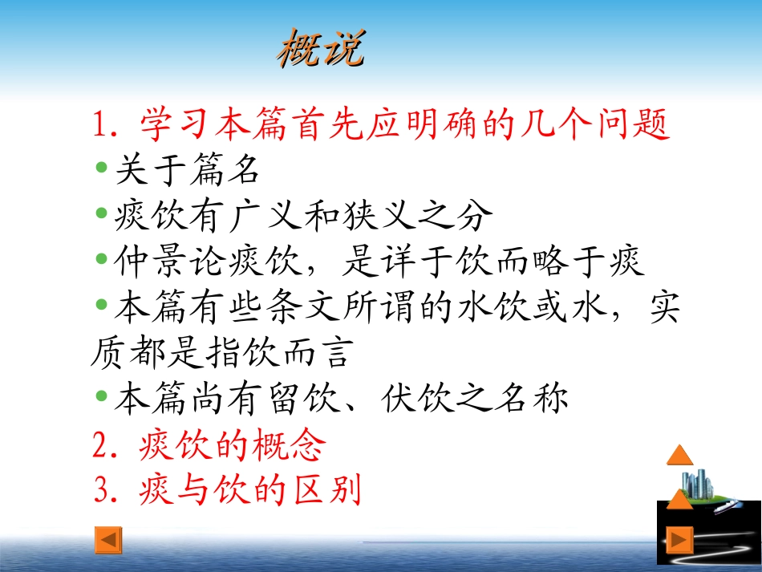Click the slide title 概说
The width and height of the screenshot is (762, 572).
[x=321, y=47]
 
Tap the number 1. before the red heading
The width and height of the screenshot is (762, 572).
[x=105, y=124]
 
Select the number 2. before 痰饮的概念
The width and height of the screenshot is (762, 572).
[x=105, y=444]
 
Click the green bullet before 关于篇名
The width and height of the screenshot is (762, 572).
[x=102, y=168]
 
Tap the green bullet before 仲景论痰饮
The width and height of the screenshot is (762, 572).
[x=102, y=259]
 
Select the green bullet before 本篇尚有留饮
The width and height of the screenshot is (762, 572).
[x=102, y=396]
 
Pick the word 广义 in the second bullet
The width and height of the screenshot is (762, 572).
[x=265, y=215]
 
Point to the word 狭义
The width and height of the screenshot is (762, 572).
[x=379, y=215]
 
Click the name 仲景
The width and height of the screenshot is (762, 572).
[x=150, y=261]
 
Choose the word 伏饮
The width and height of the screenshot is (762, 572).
[x=418, y=398]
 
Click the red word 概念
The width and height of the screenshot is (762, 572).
[x=289, y=444]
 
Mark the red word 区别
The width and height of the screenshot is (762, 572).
[x=327, y=489]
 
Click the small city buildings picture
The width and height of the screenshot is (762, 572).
[x=698, y=484]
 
